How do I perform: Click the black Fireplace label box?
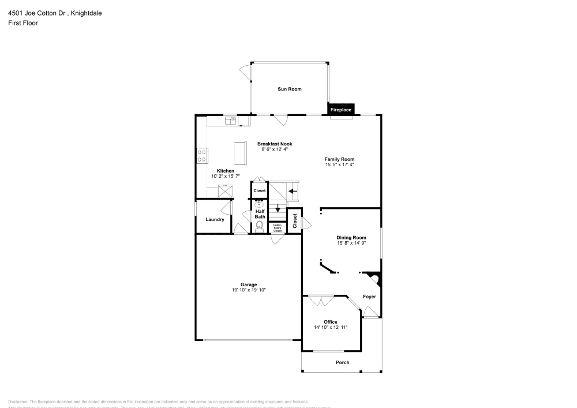tap(340, 109)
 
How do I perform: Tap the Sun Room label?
tap(290, 89)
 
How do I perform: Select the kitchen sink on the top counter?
tap(231, 120)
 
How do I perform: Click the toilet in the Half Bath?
tap(260, 226)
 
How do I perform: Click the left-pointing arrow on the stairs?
tap(293, 190)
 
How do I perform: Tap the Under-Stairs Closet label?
tap(278, 228)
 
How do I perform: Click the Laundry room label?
tap(215, 219)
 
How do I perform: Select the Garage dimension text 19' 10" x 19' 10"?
tap(249, 290)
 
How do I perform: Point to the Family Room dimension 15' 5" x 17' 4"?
tap(339, 165)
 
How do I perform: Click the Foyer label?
tap(369, 297)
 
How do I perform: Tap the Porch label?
tap(343, 362)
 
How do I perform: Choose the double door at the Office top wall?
tap(321, 300)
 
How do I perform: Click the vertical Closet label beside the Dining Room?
tap(294, 220)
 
